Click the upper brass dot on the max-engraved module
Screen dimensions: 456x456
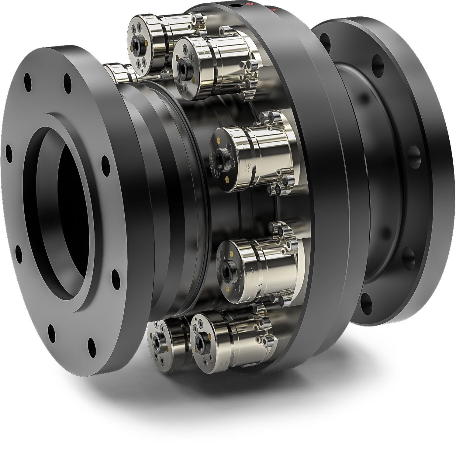click(219, 140)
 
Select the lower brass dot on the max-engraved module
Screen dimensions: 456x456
click(227, 178)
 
